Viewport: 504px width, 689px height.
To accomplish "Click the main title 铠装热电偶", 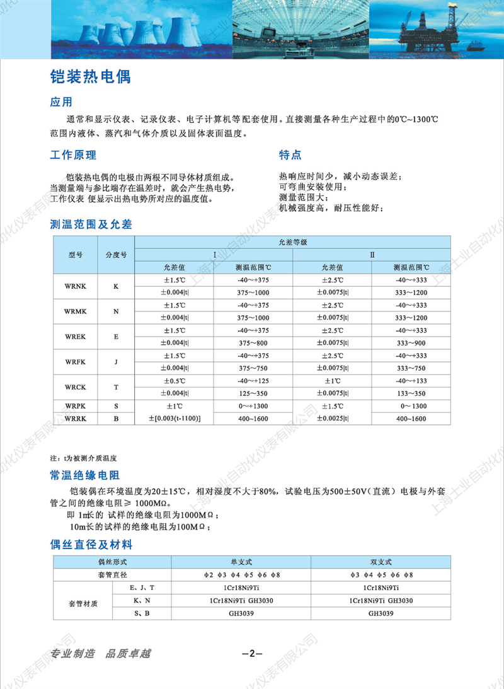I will click(x=90, y=78).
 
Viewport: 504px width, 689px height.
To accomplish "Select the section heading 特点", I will click(x=290, y=155).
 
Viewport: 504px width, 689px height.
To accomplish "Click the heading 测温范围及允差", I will click(x=91, y=224).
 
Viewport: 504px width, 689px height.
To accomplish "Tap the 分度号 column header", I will click(x=116, y=255).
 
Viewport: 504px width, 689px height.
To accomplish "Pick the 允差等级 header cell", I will click(x=292, y=242).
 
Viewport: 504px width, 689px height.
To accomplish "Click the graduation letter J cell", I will click(x=116, y=362).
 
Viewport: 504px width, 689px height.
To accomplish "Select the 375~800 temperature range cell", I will click(x=254, y=343).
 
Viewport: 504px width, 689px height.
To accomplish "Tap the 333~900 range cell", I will click(x=411, y=343).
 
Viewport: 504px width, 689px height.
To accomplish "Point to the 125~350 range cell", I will click(x=254, y=393).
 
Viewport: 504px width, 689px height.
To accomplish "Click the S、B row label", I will click(x=140, y=613).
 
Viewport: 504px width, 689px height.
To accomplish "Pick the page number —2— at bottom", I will click(x=252, y=653).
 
